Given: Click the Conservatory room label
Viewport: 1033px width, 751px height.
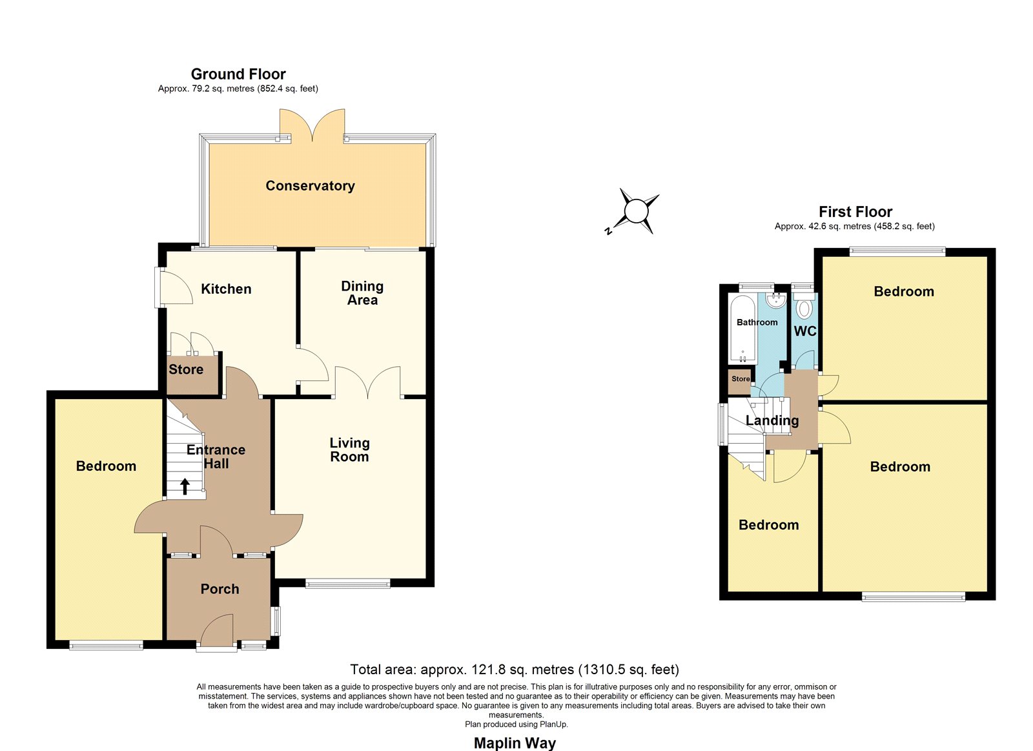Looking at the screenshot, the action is coord(310,185).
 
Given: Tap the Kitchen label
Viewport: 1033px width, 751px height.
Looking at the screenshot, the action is coord(226,289).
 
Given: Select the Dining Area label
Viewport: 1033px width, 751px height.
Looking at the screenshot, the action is coord(362,293).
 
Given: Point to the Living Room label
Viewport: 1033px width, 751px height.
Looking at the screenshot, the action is coord(349,450).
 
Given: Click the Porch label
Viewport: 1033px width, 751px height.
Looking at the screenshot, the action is coord(220,589).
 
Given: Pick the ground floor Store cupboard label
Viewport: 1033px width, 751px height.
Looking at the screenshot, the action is coord(186,369).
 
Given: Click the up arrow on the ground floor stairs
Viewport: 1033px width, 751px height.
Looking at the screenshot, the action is coord(185,486).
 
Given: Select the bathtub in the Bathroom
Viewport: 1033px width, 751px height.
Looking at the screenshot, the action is coord(742,329).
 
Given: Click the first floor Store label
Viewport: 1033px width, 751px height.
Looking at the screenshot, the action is coord(740,379).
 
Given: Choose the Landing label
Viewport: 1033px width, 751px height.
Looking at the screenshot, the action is coord(772,420).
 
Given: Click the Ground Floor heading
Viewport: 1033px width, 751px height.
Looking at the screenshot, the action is coord(238,74).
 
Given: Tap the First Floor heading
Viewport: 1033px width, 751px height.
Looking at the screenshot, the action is coord(855,212).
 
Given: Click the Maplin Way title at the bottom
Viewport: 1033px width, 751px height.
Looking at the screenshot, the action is coord(515,743).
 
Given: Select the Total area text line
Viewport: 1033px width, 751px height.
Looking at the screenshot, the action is coord(515,670).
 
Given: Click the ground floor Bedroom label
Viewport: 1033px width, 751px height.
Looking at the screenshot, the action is coord(106,466).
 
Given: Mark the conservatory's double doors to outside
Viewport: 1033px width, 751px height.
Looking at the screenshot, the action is coord(312,125).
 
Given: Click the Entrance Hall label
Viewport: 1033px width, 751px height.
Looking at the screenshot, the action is coord(216,457).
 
